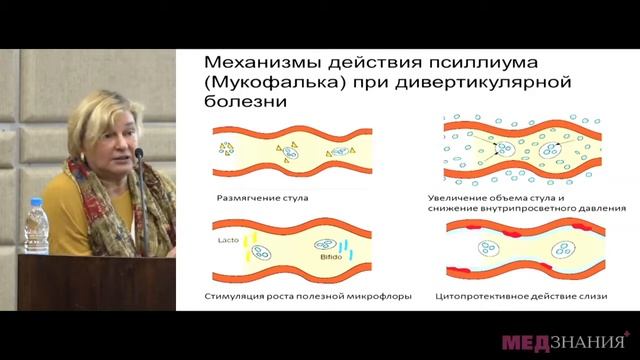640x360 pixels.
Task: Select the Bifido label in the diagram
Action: tap(332, 256)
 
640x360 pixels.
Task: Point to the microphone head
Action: tap(138, 156)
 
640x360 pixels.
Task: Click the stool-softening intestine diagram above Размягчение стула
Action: tap(290, 151)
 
